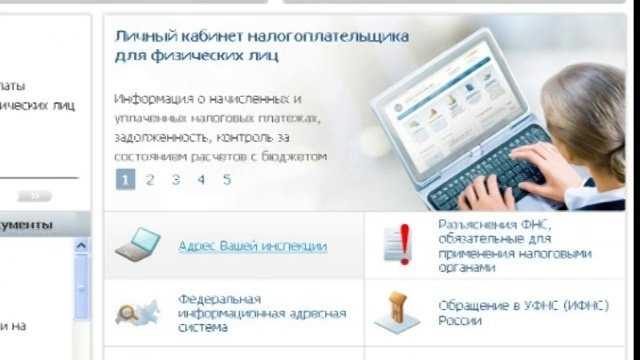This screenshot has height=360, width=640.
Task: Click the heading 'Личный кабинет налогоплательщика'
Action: (262, 36)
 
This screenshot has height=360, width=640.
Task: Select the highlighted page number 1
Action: (125, 180)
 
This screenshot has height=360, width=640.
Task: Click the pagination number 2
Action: (150, 180)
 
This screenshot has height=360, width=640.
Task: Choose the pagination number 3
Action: (175, 180)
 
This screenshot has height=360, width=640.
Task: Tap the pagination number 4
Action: (201, 180)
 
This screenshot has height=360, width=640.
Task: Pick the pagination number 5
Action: (227, 180)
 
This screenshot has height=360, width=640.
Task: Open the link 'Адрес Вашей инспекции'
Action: (252, 245)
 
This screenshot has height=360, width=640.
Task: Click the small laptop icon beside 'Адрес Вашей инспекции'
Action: (138, 244)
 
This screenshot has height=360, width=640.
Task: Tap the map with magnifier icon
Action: (135, 313)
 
